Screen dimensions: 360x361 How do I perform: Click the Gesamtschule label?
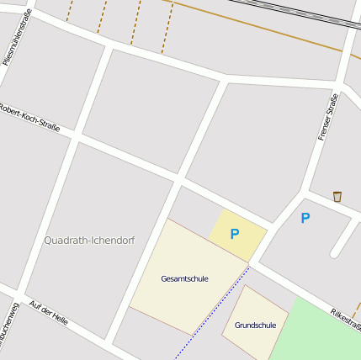(x=184, y=278)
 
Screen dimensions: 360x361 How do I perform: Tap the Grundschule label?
(x=255, y=325)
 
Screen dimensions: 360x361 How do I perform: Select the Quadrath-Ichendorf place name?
(x=88, y=241)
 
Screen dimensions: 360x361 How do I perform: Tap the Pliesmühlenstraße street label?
(x=17, y=38)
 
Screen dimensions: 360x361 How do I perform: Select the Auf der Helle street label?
(x=48, y=312)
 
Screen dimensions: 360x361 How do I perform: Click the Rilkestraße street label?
(x=345, y=317)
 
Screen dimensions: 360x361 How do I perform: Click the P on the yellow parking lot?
(x=235, y=234)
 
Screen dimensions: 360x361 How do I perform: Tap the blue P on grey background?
(x=305, y=218)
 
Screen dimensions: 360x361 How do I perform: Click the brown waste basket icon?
(x=337, y=197)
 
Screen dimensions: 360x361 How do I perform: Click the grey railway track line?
(x=295, y=13)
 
